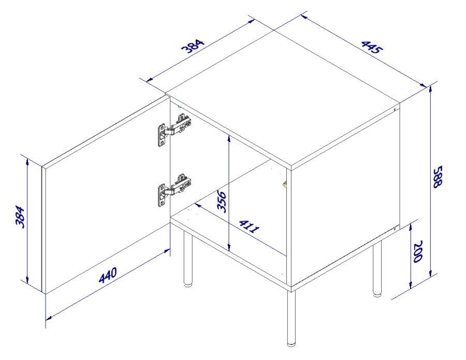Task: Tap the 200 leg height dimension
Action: click(x=417, y=252)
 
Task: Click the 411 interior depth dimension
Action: click(x=250, y=226)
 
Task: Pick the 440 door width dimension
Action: click(x=108, y=275)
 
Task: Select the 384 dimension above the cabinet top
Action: click(x=193, y=46)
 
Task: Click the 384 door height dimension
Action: click(x=20, y=217)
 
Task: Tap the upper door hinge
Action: click(x=174, y=130)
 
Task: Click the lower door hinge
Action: click(x=174, y=190)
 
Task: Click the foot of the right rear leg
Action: click(x=377, y=295)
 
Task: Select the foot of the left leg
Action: click(x=187, y=284)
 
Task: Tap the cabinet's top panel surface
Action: click(x=282, y=98)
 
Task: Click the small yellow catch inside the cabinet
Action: click(x=285, y=185)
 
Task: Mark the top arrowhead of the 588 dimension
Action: click(x=430, y=89)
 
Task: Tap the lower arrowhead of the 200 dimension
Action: click(x=411, y=284)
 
